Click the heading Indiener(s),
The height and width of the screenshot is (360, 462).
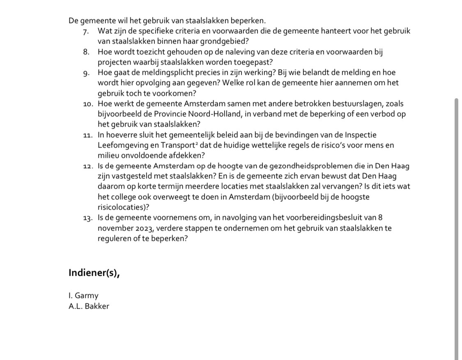pyautogui.click(x=94, y=273)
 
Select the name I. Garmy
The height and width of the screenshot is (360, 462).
pyautogui.click(x=84, y=295)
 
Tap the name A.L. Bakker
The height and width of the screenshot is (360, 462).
pyautogui.click(x=89, y=306)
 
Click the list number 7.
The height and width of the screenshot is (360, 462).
pyautogui.click(x=86, y=31)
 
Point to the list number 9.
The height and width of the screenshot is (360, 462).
pyautogui.click(x=86, y=73)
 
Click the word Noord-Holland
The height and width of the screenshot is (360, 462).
pyautogui.click(x=217, y=114)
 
